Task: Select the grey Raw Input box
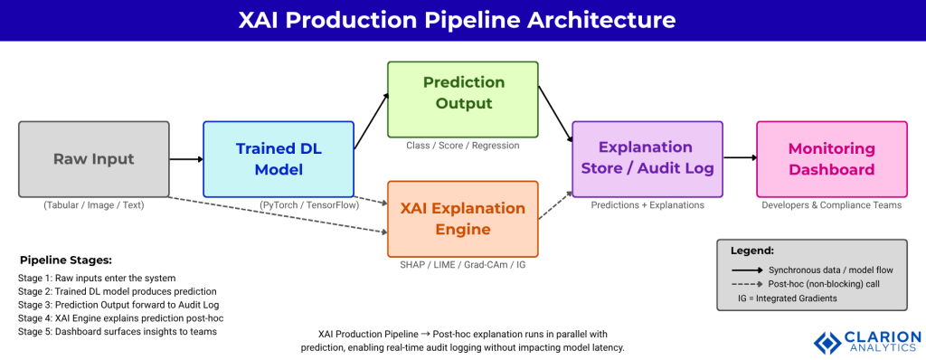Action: click(94, 159)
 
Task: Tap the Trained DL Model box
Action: click(278, 159)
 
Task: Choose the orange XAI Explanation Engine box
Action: click(463, 218)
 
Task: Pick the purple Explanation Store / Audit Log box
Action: click(647, 158)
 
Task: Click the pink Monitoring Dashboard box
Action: click(831, 158)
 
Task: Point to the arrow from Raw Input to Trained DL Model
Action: click(186, 159)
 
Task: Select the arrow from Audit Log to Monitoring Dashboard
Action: click(739, 158)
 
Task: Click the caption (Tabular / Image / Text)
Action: click(94, 205)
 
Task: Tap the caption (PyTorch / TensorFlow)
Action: click(309, 205)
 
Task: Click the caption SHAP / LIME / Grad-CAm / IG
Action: click(463, 264)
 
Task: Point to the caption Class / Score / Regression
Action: click(463, 145)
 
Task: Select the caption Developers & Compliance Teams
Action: click(831, 205)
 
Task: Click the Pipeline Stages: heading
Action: click(66, 260)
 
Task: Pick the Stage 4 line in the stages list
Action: click(120, 317)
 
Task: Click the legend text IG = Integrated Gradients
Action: click(787, 298)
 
